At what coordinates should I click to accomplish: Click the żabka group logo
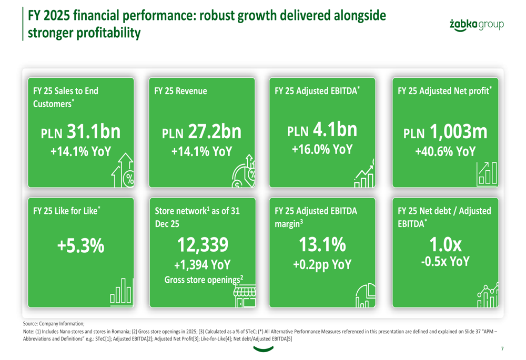pyautogui.click(x=477, y=25)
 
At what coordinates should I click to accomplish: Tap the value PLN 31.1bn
pyautogui.click(x=80, y=131)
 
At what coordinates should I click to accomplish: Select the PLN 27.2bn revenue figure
pyautogui.click(x=201, y=131)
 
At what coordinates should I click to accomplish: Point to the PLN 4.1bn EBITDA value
pyautogui.click(x=322, y=128)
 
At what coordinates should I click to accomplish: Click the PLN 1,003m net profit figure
pyautogui.click(x=445, y=131)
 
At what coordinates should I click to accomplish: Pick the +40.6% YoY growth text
pyautogui.click(x=445, y=151)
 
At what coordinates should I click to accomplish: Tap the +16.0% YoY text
pyautogui.click(x=322, y=149)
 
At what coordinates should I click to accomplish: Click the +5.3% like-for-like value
pyautogui.click(x=80, y=247)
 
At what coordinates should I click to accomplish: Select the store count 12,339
pyautogui.click(x=202, y=244)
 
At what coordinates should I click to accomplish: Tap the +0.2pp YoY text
pyautogui.click(x=322, y=265)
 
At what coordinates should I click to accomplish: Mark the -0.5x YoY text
pyautogui.click(x=445, y=261)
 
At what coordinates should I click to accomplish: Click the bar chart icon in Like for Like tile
pyautogui.click(x=121, y=292)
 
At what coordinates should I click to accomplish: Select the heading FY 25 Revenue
pyautogui.click(x=180, y=91)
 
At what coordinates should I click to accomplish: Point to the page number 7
pyautogui.click(x=502, y=348)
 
